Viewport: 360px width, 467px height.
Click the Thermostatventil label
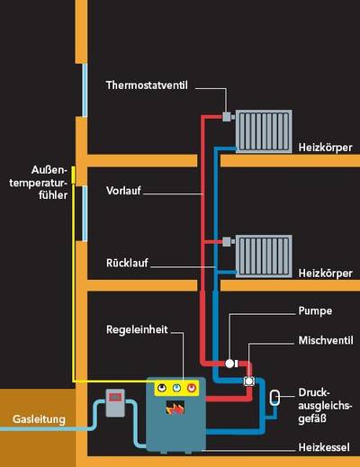[x=147, y=85]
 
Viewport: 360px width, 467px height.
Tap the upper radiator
[x=264, y=131]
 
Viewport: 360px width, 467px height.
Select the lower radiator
[x=264, y=256]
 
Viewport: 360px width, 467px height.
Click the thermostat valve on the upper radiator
[x=227, y=116]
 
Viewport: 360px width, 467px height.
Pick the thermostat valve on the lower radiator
[x=227, y=241]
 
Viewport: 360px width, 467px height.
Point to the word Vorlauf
[x=123, y=191]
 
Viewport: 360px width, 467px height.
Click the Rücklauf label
[x=127, y=263]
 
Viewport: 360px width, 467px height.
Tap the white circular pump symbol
[x=229, y=364]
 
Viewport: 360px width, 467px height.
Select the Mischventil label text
[x=326, y=340]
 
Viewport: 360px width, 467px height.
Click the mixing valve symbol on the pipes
[x=249, y=381]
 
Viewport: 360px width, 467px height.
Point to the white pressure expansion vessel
[x=274, y=398]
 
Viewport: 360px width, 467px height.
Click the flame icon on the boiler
[x=175, y=408]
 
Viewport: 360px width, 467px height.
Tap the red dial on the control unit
[x=191, y=389]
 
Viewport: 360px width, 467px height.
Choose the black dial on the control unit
[x=162, y=389]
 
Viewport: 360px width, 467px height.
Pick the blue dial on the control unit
[x=176, y=389]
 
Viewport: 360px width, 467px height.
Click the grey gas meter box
[x=115, y=403]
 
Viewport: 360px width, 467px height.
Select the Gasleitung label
[x=39, y=419]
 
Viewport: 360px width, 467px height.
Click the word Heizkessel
[x=324, y=447]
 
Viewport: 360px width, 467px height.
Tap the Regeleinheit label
[x=137, y=329]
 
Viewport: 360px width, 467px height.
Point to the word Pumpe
[x=315, y=311]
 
